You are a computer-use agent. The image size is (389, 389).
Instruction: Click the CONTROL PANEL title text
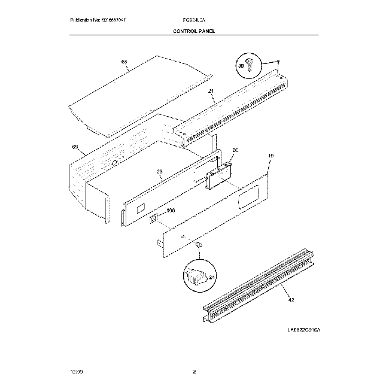[194, 31]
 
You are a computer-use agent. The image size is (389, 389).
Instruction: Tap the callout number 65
[124, 62]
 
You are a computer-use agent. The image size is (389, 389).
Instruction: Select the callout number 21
[211, 92]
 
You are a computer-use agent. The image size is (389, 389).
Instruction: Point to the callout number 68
[75, 147]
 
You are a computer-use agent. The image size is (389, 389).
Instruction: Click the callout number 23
[160, 172]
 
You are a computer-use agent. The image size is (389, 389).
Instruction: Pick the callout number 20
[235, 150]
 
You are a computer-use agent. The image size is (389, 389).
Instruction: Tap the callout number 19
[271, 156]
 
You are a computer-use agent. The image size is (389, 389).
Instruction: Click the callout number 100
[170, 211]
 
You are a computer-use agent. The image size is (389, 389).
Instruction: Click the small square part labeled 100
[153, 217]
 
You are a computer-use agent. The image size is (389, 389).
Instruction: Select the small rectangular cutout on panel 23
[141, 208]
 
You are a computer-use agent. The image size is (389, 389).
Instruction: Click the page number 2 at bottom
[194, 373]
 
